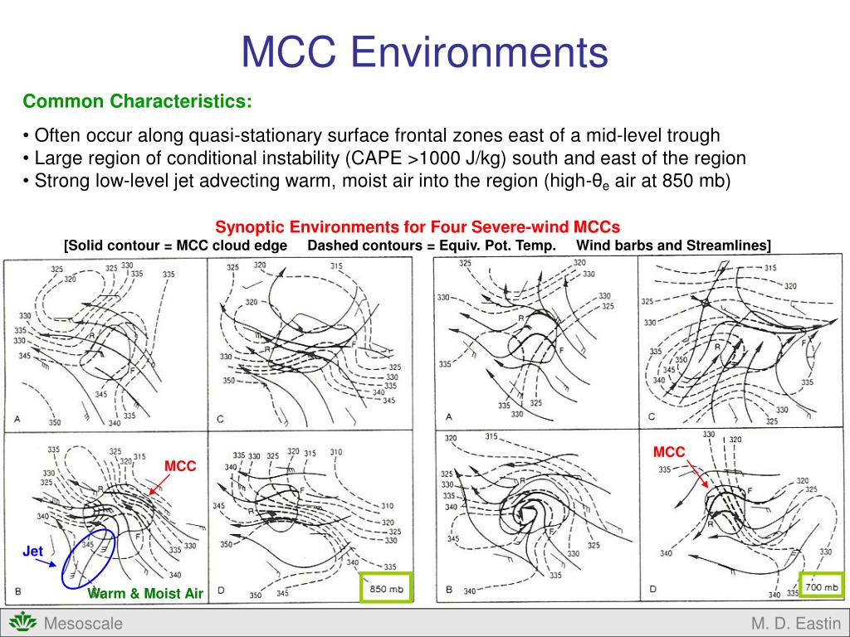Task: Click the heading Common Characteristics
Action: pyautogui.click(x=138, y=101)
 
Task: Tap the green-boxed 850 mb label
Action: pyautogui.click(x=385, y=588)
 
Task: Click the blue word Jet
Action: pyautogui.click(x=32, y=551)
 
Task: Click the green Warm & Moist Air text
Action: pyautogui.click(x=145, y=594)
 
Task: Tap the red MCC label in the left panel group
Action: pyautogui.click(x=179, y=466)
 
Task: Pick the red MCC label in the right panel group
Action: pyautogui.click(x=669, y=452)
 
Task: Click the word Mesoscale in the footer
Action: pyautogui.click(x=83, y=624)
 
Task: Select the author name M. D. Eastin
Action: pyautogui.click(x=795, y=624)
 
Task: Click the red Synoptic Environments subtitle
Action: pyautogui.click(x=418, y=226)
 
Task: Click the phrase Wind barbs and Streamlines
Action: pyautogui.click(x=673, y=245)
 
